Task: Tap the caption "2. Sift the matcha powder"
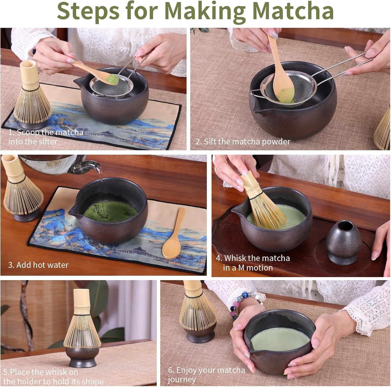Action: [x=243, y=142]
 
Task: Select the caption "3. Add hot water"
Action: [x=38, y=265]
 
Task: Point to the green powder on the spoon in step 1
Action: [x=113, y=79]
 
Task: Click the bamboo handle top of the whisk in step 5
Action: [x=81, y=298]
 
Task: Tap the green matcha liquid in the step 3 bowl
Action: [x=111, y=212]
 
